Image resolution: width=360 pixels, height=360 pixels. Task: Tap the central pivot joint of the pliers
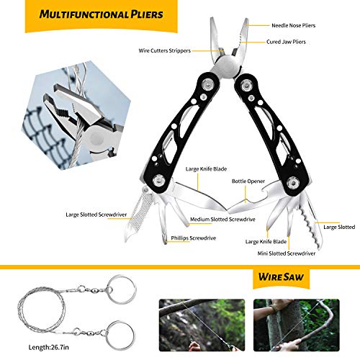225,70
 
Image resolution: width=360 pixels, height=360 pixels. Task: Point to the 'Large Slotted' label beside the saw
339,227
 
